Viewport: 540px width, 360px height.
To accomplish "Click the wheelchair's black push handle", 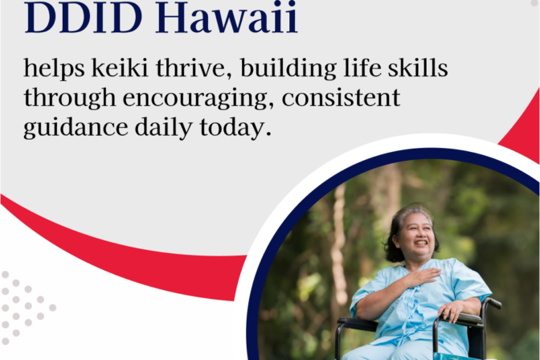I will (x=492, y=303).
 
